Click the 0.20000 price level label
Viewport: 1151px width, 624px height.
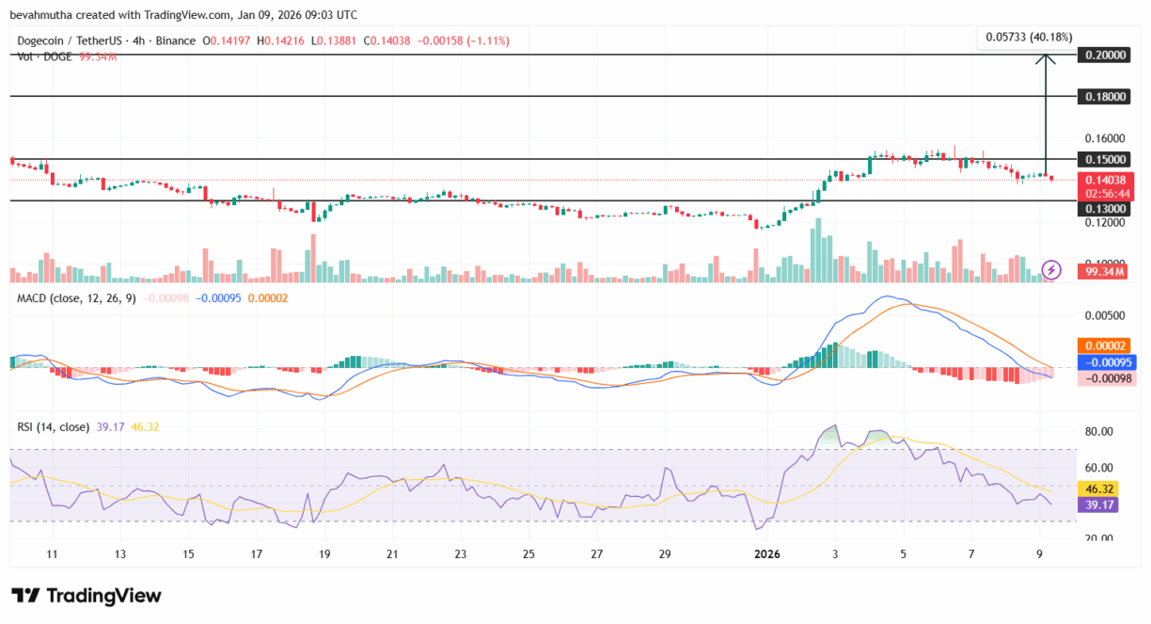click(x=1104, y=56)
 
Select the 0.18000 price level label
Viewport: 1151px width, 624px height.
click(x=1104, y=97)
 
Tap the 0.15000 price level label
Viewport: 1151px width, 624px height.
click(x=1104, y=159)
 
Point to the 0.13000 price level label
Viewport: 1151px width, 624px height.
click(x=1104, y=208)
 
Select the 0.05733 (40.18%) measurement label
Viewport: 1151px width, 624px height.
click(x=1029, y=37)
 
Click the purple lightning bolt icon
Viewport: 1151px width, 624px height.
click(x=1053, y=270)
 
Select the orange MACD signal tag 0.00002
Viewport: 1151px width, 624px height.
click(x=1104, y=345)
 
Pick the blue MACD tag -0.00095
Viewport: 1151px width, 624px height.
click(x=1104, y=361)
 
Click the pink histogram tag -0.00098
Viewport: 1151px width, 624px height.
click(x=1104, y=377)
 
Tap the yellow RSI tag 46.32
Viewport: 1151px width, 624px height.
click(x=1104, y=489)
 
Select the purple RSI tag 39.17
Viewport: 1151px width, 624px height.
click(x=1104, y=505)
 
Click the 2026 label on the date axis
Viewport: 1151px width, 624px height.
click(x=768, y=553)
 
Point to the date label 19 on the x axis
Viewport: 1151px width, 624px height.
click(x=324, y=553)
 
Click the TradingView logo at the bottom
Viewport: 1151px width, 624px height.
click(x=87, y=596)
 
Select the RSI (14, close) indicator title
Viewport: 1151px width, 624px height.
click(x=53, y=426)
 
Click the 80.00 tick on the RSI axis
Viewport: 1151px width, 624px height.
click(x=1100, y=432)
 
